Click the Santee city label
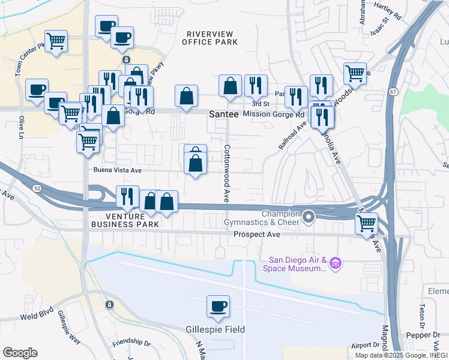coord(223,113)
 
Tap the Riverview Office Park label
coord(212,38)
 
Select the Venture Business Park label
coord(125,220)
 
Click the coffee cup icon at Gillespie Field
coord(218,306)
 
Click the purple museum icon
coord(336,263)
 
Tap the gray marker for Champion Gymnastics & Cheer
coord(309,217)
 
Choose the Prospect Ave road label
coord(257,235)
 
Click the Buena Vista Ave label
coord(117,170)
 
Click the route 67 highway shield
coord(393,91)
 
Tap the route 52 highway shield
coord(37,188)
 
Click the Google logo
coord(20,353)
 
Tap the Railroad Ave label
coord(293,135)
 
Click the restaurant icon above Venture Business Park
coord(127,195)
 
